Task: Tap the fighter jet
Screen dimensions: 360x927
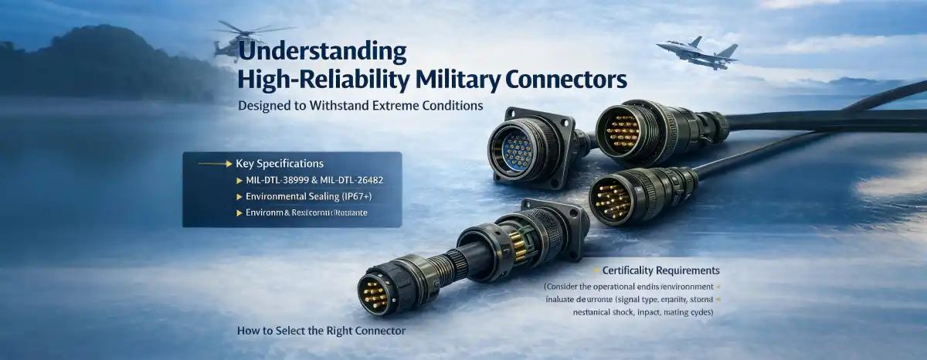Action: [x=698, y=50]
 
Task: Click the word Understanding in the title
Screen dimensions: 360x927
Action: [x=322, y=53]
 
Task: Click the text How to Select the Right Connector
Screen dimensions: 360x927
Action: [x=321, y=331]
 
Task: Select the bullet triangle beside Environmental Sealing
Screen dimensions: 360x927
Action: [x=239, y=196]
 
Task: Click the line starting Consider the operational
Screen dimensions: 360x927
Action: [x=626, y=287]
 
